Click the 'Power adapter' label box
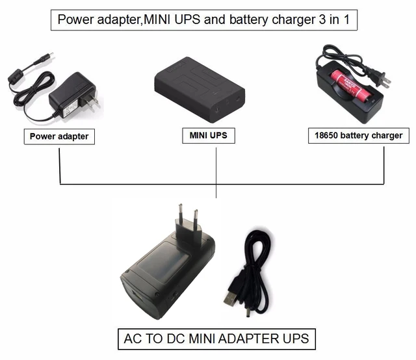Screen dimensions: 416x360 [x=58, y=137]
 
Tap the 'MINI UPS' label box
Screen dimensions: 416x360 [x=208, y=136]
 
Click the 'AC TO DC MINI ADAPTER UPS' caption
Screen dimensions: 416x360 [x=216, y=339]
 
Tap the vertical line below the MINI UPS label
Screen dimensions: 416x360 [x=216, y=169]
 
